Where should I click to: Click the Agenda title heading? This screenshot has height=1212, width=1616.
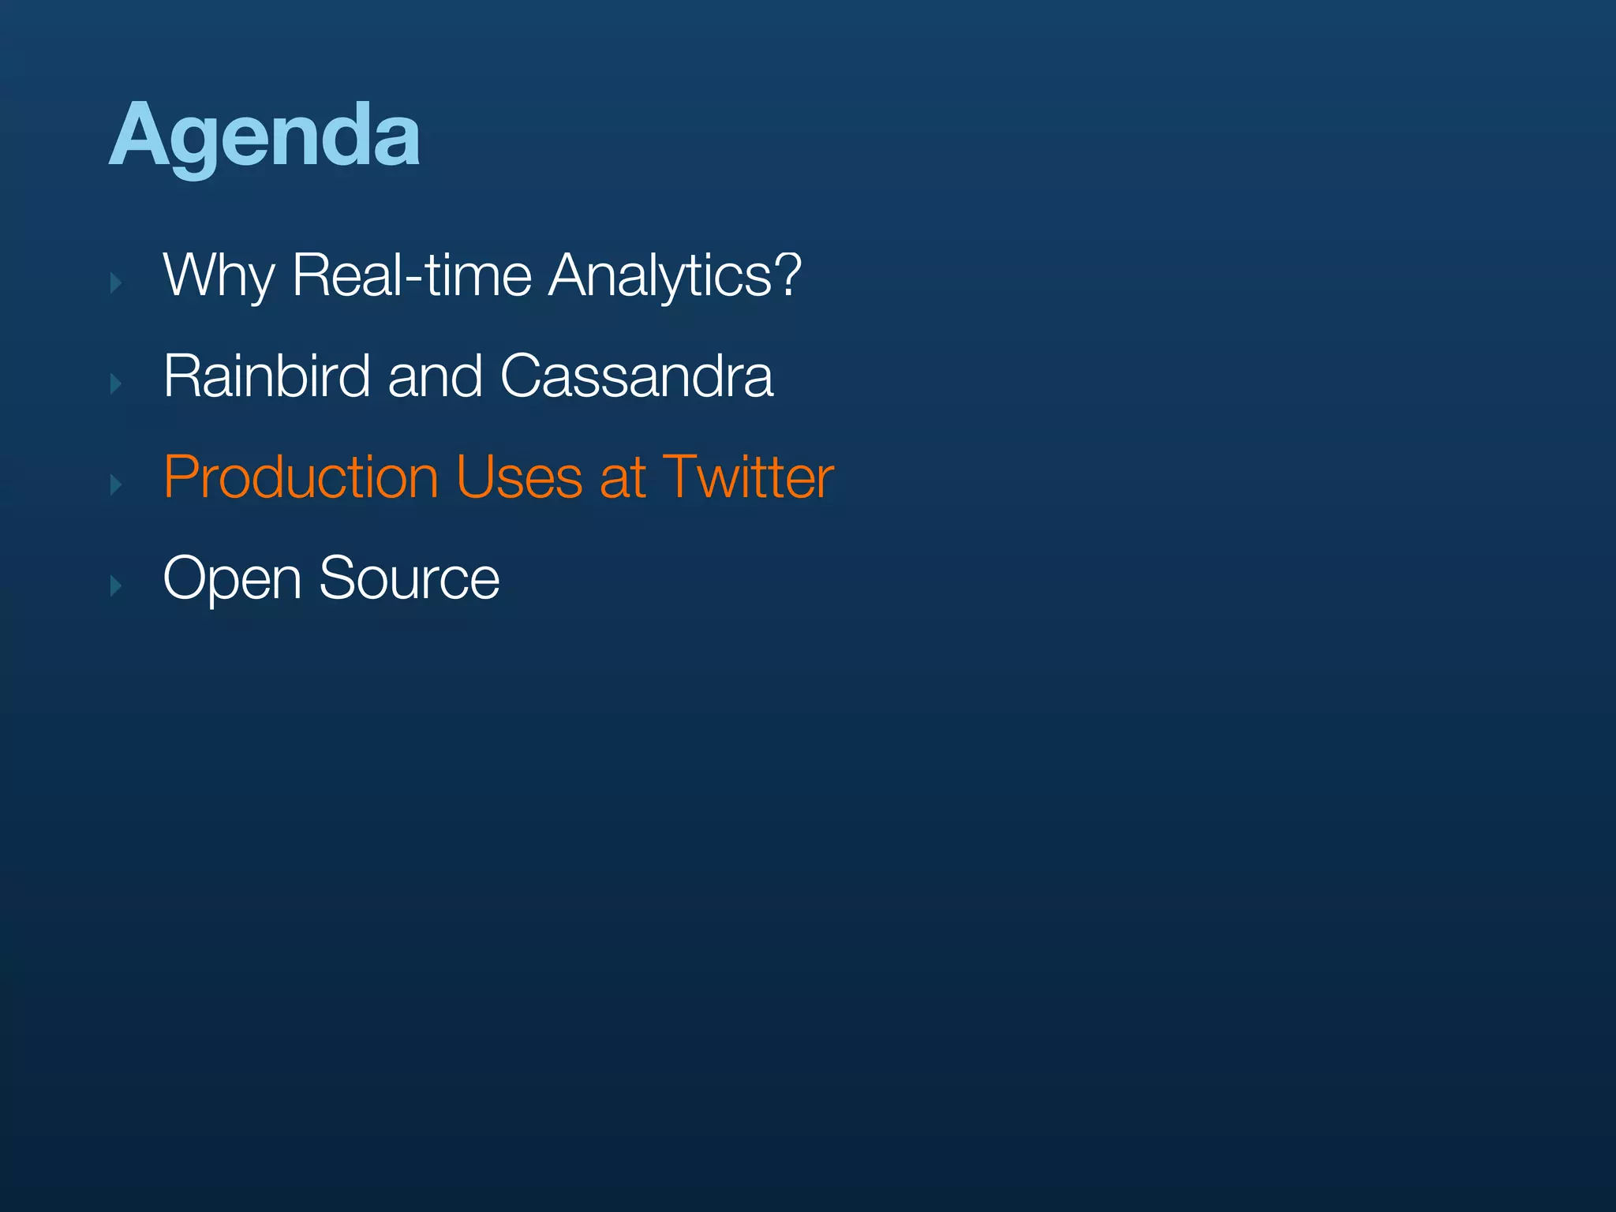(x=264, y=136)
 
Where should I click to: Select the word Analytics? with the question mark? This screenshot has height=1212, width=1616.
(x=675, y=276)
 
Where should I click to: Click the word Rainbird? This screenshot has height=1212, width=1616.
(x=267, y=376)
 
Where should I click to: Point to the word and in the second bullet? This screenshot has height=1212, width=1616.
(x=435, y=376)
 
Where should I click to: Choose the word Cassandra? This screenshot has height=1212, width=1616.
(x=637, y=376)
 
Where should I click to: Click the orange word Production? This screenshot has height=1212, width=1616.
(x=301, y=478)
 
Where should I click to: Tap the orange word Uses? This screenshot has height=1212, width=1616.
(x=519, y=478)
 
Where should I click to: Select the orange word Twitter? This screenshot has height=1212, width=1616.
(x=748, y=478)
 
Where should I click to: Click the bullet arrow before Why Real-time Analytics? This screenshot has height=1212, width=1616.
(x=116, y=283)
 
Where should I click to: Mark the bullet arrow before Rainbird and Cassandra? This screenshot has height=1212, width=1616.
(x=116, y=384)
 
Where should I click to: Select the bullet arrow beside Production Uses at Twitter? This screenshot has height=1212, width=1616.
(x=116, y=485)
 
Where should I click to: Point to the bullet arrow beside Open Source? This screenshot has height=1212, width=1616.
(x=116, y=586)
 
